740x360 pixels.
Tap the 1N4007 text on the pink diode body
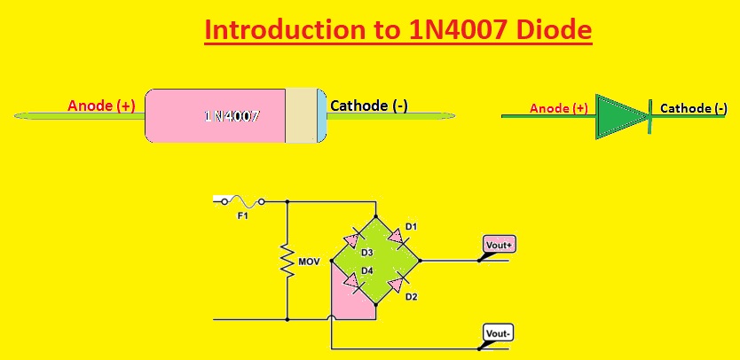coord(232,115)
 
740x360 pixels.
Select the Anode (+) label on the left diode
coord(101,106)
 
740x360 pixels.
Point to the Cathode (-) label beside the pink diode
coord(369,106)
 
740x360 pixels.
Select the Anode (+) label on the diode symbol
coord(559,108)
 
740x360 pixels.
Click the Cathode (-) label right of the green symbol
coord(699,108)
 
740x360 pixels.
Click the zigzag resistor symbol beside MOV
coord(287,261)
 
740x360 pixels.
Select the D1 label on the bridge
coord(411,227)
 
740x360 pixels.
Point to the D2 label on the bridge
coord(411,296)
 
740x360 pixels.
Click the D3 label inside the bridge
coord(366,254)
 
